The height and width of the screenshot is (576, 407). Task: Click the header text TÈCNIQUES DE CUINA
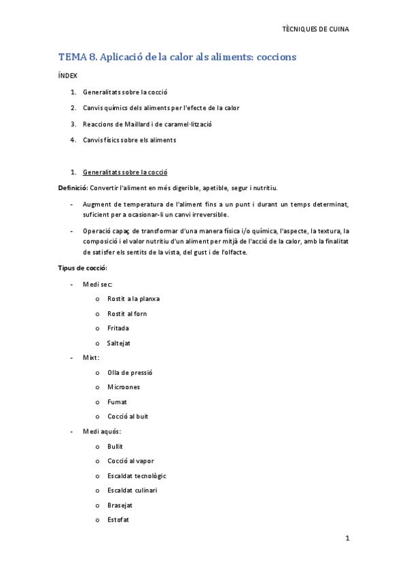pos(315,29)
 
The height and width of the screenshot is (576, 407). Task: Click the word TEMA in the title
pos(71,58)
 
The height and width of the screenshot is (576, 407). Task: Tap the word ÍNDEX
pos(68,76)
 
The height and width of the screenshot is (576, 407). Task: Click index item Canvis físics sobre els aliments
pos(129,140)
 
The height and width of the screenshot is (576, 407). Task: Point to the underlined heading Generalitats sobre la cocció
pos(125,172)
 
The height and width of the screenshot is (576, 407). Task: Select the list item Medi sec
pos(97,284)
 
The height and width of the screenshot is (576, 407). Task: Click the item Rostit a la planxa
pos(133,299)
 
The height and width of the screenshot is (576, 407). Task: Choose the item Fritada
pos(118,328)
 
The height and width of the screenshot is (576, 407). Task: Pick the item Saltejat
pos(118,343)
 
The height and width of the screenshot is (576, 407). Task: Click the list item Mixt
pos(91,357)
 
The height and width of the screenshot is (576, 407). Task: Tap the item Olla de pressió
pos(130,372)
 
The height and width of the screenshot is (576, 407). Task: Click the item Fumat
pos(117,402)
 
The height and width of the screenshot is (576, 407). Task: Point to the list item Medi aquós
pos(101,431)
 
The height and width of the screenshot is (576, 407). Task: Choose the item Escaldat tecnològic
pos(136,475)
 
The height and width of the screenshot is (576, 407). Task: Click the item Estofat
pos(118,520)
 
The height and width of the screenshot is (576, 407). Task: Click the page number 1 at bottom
pos(347,539)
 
